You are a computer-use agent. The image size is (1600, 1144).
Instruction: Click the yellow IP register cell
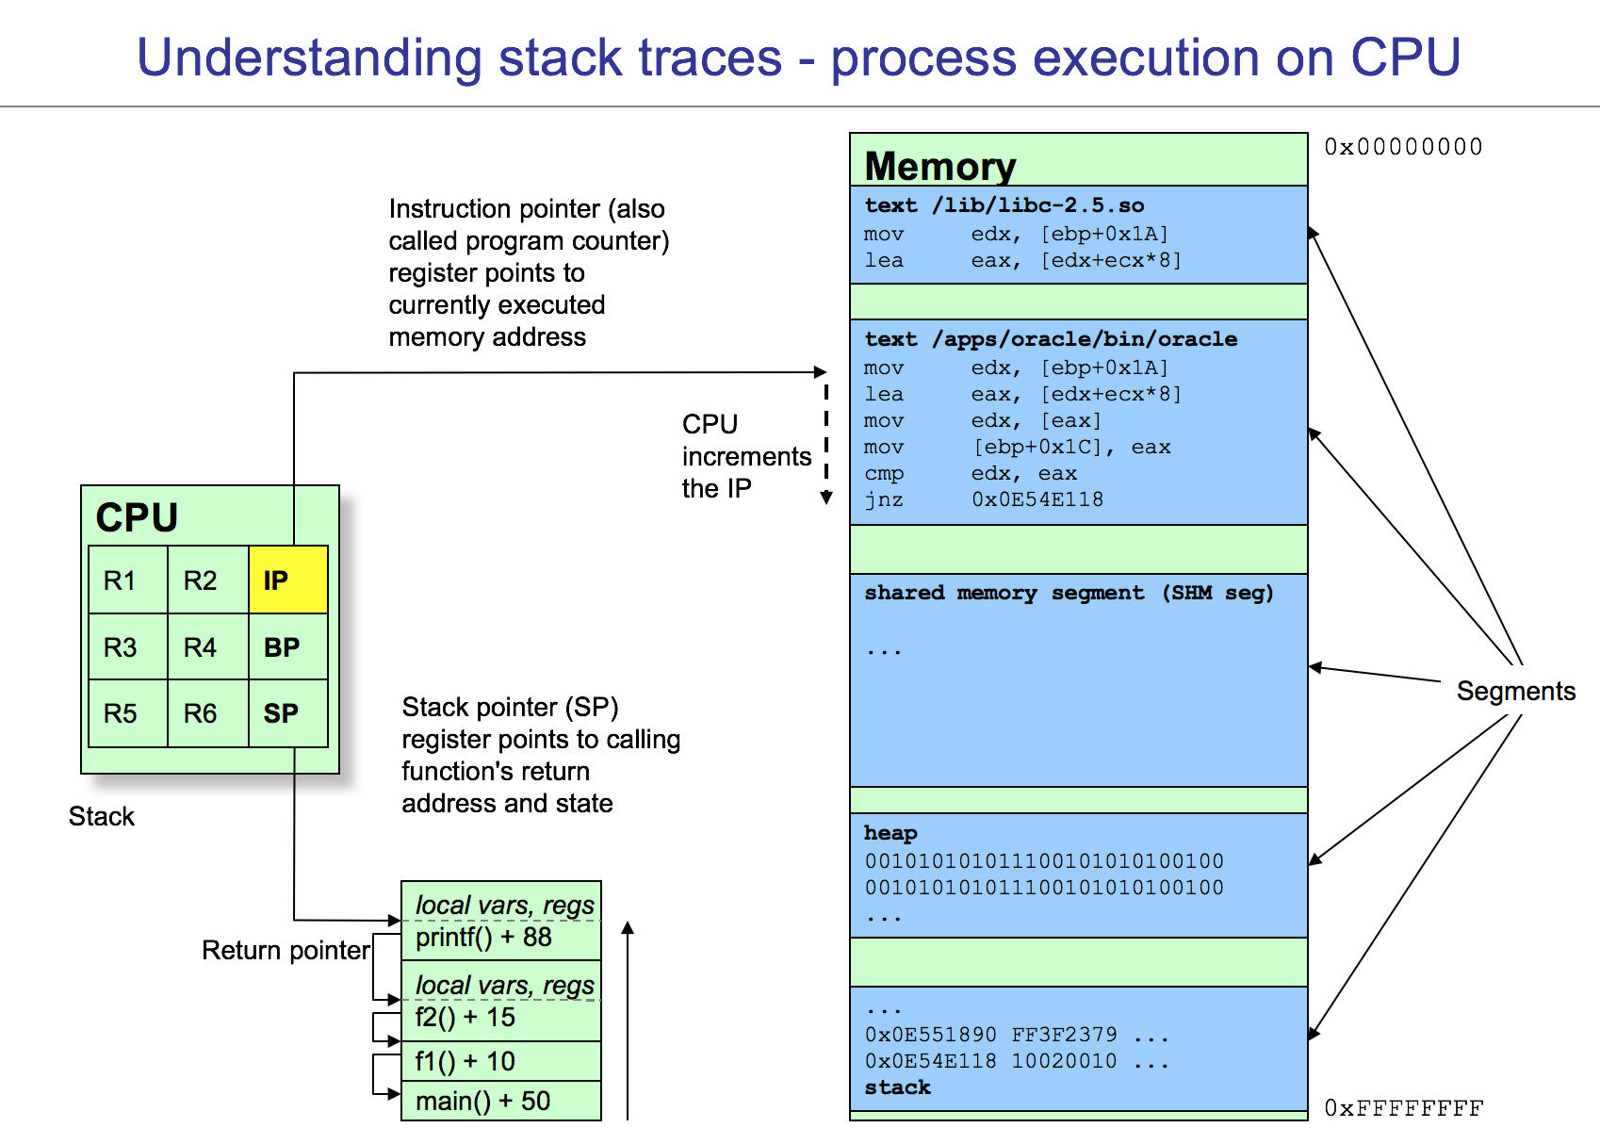tap(288, 580)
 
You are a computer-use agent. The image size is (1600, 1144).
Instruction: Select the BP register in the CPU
tap(288, 647)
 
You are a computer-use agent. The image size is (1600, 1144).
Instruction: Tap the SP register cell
tap(288, 713)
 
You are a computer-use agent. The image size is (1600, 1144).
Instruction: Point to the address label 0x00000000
tap(1403, 147)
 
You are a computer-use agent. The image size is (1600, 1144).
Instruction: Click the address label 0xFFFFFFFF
tap(1403, 1108)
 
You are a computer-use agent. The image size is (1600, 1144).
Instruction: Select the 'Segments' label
tap(1515, 691)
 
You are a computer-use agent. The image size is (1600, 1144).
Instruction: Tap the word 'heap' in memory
tap(890, 833)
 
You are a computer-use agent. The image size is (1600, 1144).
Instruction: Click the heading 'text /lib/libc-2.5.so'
tap(1004, 205)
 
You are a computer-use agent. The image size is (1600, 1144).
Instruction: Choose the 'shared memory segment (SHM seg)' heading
tap(1069, 593)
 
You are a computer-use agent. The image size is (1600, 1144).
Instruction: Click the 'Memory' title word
tap(939, 167)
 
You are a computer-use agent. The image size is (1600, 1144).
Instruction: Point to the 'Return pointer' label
tap(286, 950)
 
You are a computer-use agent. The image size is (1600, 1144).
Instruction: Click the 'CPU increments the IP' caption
tap(744, 456)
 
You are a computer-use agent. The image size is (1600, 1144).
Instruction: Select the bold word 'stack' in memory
tap(897, 1087)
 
